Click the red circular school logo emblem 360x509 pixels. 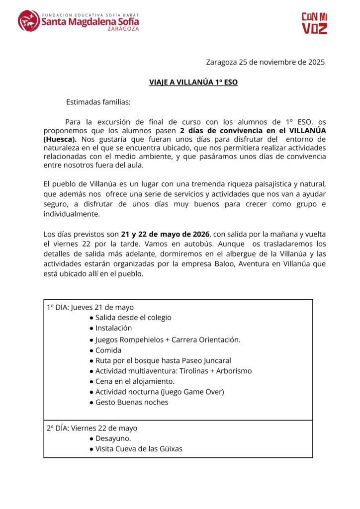pyautogui.click(x=29, y=21)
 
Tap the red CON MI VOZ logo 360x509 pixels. pyautogui.click(x=315, y=23)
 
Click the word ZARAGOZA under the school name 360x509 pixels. pyautogui.click(x=123, y=29)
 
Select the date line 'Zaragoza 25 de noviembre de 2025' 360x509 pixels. pyautogui.click(x=265, y=62)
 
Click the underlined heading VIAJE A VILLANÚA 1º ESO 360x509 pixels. pyautogui.click(x=193, y=82)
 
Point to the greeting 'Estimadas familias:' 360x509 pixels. pyautogui.click(x=98, y=102)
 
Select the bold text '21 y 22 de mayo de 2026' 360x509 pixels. pyautogui.click(x=166, y=234)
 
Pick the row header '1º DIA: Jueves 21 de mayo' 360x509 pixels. pyautogui.click(x=90, y=307)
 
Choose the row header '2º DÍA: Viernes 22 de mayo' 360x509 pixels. pyautogui.click(x=92, y=428)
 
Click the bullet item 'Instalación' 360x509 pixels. pyautogui.click(x=113, y=328)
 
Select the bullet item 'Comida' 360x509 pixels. pyautogui.click(x=108, y=350)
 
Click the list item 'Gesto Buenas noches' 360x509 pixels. pyautogui.click(x=132, y=402)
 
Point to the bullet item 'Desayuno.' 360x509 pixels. pyautogui.click(x=113, y=438)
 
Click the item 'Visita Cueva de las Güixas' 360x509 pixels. pyautogui.click(x=139, y=449)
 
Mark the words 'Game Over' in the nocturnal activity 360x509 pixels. pyautogui.click(x=203, y=392)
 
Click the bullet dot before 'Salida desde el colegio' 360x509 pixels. pyautogui.click(x=91, y=318)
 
